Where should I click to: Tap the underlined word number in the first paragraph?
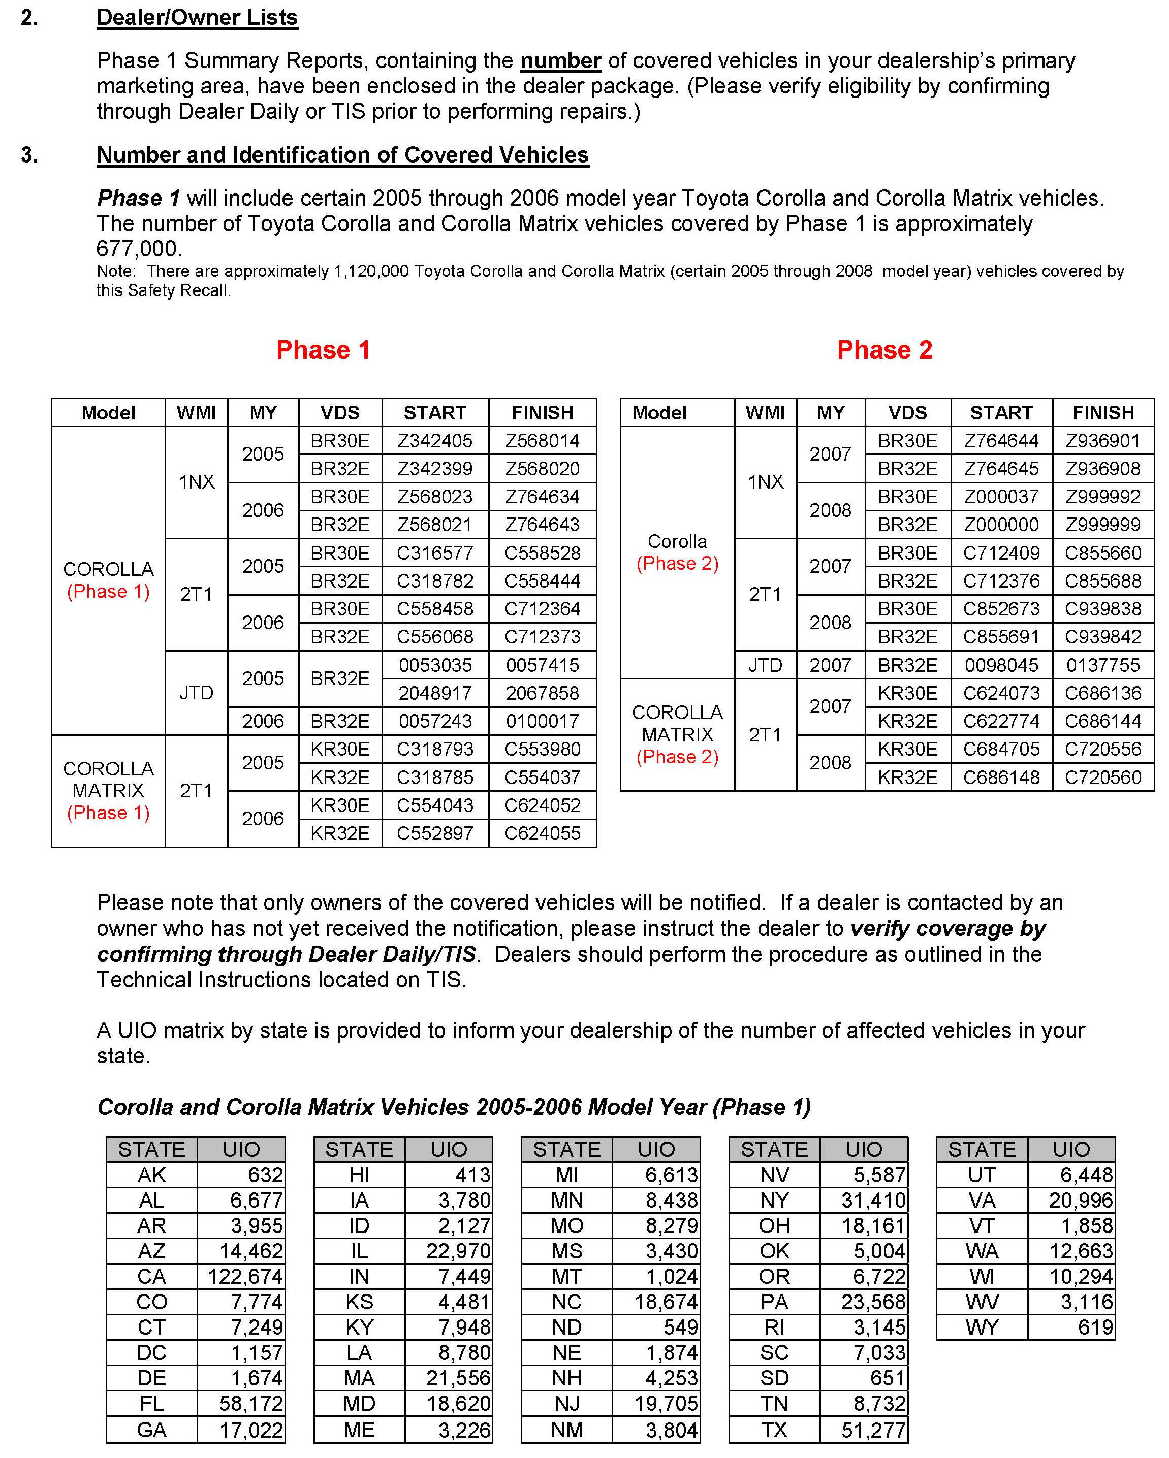pyautogui.click(x=560, y=61)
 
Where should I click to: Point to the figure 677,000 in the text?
pyautogui.click(x=138, y=249)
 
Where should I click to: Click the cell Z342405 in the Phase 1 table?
pyautogui.click(x=435, y=441)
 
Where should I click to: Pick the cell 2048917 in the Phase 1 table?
pyautogui.click(x=435, y=693)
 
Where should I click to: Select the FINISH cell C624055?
pyautogui.click(x=543, y=833)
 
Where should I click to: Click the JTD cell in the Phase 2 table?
pyautogui.click(x=765, y=665)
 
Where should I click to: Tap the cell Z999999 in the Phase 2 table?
pyautogui.click(x=1103, y=525)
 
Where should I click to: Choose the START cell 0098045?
pyautogui.click(x=1001, y=665)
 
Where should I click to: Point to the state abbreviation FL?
pyautogui.click(x=151, y=1404)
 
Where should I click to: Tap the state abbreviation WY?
pyautogui.click(x=982, y=1327)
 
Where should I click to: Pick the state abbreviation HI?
pyautogui.click(x=359, y=1175)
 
